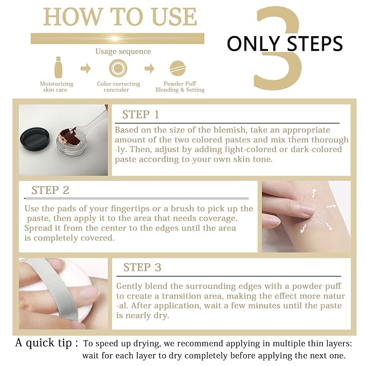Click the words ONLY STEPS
click(x=285, y=43)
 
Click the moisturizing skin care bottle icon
click(x=58, y=68)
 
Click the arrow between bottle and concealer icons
click(x=86, y=68)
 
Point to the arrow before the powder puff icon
click(x=149, y=68)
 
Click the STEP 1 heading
click(x=141, y=114)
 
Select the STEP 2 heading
click(x=50, y=190)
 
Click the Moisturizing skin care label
click(x=57, y=87)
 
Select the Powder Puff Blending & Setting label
click(x=179, y=87)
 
